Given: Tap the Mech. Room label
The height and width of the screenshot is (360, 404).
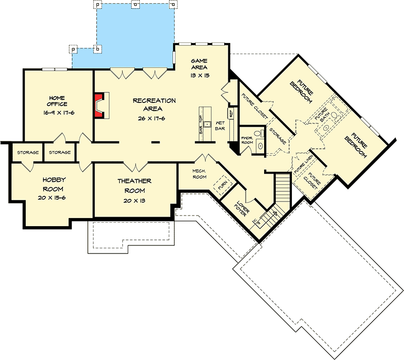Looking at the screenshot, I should coord(198,174).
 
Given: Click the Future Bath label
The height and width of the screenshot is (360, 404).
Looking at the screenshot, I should coord(322,117).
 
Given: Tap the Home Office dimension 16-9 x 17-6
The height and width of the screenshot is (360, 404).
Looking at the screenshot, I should coord(58,113).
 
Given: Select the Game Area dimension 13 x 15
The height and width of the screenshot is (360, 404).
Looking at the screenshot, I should coord(200,75).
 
